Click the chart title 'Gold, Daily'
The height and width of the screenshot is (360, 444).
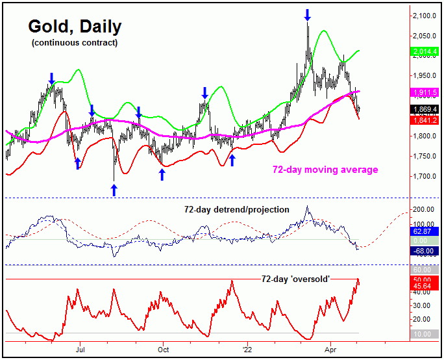pos(74,27)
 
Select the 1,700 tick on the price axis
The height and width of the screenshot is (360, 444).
pos(426,176)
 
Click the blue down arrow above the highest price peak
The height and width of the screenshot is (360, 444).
pos(308,13)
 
